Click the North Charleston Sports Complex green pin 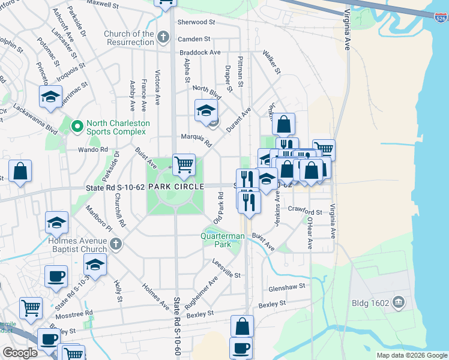[77, 127]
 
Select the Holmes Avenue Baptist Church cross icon [116, 244]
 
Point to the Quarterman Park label [223, 240]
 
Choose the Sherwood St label [196, 22]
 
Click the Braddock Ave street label [200, 53]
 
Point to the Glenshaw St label [288, 287]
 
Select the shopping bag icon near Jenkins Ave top [284, 124]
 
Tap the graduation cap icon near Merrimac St [51, 96]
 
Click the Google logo [20, 353]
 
